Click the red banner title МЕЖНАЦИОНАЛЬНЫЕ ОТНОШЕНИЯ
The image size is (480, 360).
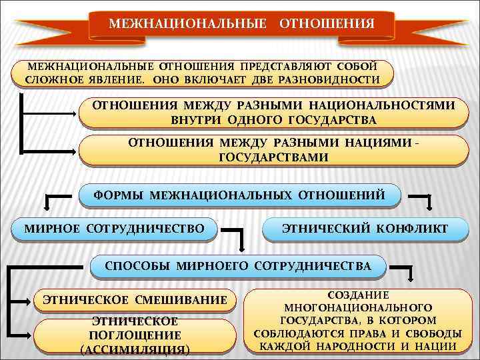(241, 25)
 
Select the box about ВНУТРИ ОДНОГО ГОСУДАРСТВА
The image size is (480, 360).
(273, 113)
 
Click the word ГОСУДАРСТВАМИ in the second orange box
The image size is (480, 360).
(273, 157)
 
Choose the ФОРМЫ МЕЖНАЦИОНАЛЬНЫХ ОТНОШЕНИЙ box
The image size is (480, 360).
(239, 195)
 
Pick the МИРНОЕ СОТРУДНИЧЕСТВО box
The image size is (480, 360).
(114, 229)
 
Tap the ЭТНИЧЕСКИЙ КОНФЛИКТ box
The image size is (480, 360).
(365, 229)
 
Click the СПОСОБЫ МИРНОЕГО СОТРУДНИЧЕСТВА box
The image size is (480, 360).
(238, 266)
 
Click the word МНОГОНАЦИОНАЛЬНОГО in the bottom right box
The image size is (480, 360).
(358, 307)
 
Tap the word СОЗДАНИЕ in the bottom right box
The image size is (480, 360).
(358, 295)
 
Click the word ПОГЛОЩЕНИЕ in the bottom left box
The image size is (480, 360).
(135, 335)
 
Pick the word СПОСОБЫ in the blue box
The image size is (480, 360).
(137, 266)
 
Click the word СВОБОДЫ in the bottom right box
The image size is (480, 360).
(434, 333)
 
